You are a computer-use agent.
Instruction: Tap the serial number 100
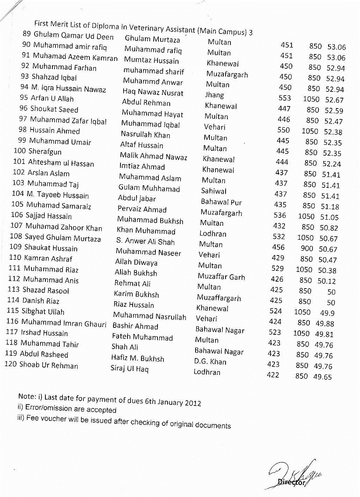[x=20, y=152]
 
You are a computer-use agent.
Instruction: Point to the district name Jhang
[x=214, y=95]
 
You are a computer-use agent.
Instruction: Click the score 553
[x=285, y=99]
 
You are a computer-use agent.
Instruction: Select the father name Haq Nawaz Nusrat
[x=153, y=93]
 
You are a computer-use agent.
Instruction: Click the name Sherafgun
[x=45, y=152]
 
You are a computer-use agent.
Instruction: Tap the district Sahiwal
[x=214, y=191]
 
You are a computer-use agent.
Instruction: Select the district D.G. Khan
[x=210, y=361]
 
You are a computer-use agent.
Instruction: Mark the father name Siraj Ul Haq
[x=130, y=369]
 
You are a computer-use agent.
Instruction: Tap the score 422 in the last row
[x=273, y=375]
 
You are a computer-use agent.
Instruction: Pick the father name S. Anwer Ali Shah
[x=145, y=242]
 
